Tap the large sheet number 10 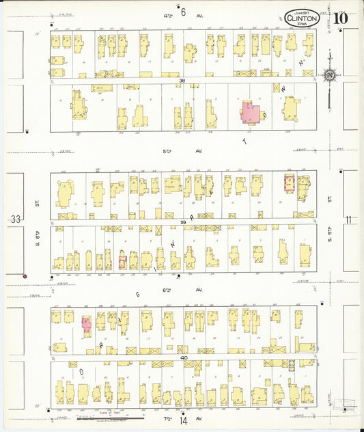point(341,17)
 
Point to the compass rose point(330,75)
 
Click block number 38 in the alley point(182,81)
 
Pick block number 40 point(184,357)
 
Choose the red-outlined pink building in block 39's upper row point(289,183)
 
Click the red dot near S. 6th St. point(25,276)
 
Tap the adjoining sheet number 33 point(15,219)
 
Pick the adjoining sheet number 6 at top point(183,11)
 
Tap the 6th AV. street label point(183,289)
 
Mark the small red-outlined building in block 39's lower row point(122,260)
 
